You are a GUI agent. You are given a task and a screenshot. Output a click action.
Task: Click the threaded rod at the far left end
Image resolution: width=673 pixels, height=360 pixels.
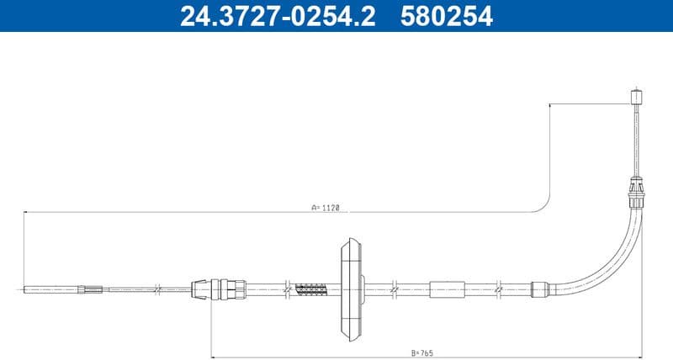point(50,289)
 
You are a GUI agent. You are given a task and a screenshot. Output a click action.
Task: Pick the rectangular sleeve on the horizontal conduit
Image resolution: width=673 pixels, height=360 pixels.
point(447,289)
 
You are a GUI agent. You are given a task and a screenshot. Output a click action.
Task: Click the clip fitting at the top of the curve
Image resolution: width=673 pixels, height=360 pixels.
point(637,194)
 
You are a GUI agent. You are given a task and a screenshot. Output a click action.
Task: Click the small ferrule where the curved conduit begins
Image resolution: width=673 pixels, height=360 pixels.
point(539,289)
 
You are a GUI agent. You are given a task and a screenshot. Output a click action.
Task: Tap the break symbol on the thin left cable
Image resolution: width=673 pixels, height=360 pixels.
point(156,289)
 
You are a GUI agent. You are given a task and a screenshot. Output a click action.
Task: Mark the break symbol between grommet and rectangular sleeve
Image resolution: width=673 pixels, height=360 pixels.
point(393,289)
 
